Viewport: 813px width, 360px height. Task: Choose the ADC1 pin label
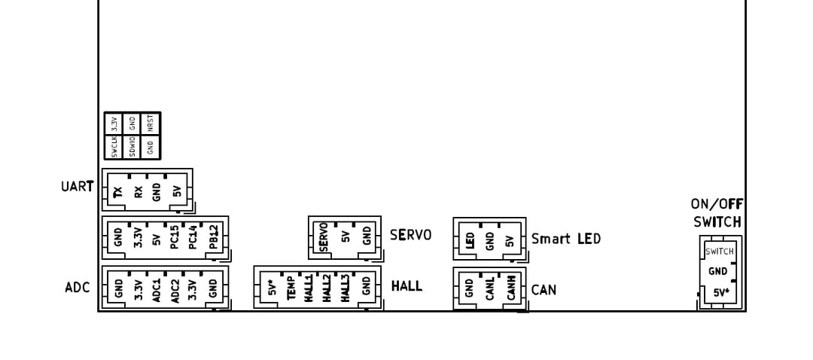point(157,288)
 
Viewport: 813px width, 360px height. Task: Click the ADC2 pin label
point(175,288)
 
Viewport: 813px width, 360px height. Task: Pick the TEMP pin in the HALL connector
point(291,288)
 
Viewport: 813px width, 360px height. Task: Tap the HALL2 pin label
point(327,288)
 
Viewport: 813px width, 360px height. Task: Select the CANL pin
point(489,289)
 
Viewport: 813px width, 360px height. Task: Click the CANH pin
point(510,289)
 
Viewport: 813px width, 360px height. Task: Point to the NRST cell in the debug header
point(151,124)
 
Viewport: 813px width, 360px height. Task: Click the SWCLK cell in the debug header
point(114,147)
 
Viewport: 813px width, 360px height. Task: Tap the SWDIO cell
point(132,147)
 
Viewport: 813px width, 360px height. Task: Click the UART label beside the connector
point(78,185)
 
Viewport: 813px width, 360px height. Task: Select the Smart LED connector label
point(566,239)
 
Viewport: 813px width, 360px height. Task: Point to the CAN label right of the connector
point(544,289)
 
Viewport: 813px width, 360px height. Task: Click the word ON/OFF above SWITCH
point(717,204)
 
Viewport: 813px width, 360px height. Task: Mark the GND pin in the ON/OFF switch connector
point(718,272)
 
